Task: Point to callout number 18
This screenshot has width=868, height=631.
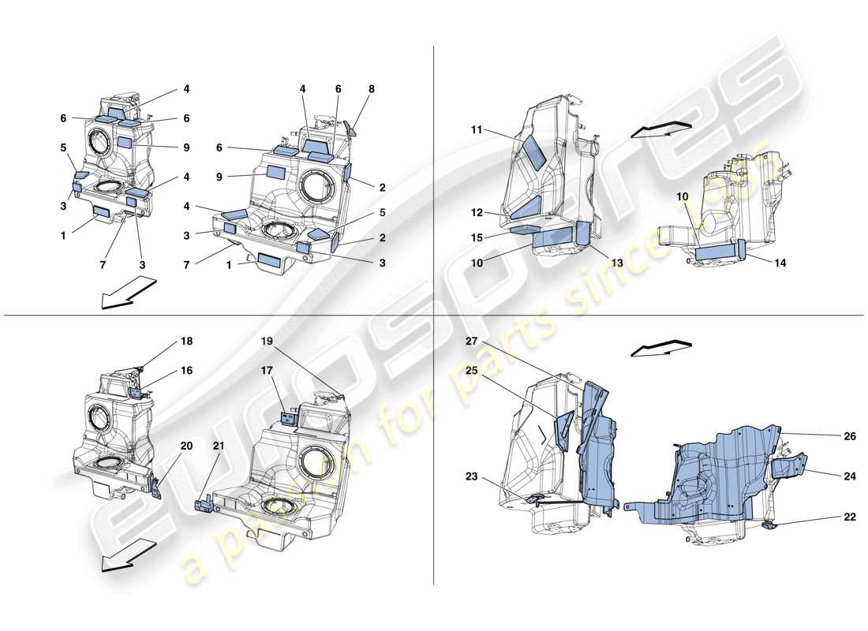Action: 186,342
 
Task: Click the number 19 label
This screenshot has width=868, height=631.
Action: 267,342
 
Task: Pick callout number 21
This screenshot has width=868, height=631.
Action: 218,446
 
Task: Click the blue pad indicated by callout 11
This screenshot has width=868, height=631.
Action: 534,151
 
